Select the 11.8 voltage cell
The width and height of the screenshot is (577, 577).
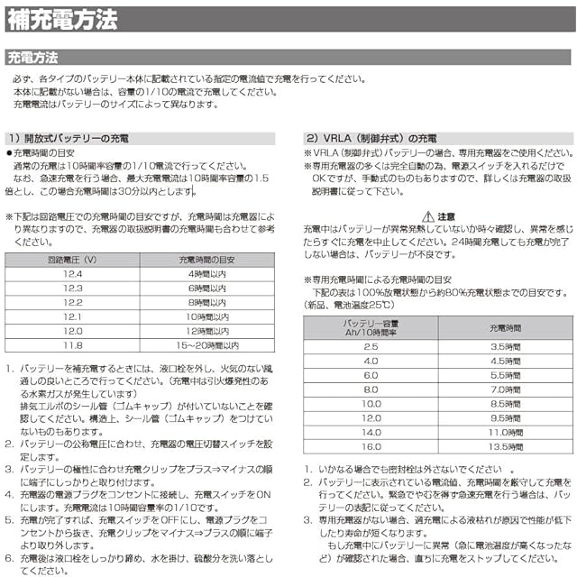tap(71, 345)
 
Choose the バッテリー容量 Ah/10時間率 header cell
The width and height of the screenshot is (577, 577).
tap(371, 327)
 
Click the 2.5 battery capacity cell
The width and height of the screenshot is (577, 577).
tap(371, 346)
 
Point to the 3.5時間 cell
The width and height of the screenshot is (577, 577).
tap(505, 346)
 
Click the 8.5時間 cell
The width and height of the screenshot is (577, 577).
tap(505, 404)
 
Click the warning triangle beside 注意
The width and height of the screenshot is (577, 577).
tap(428, 216)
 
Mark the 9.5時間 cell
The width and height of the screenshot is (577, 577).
tap(505, 418)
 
